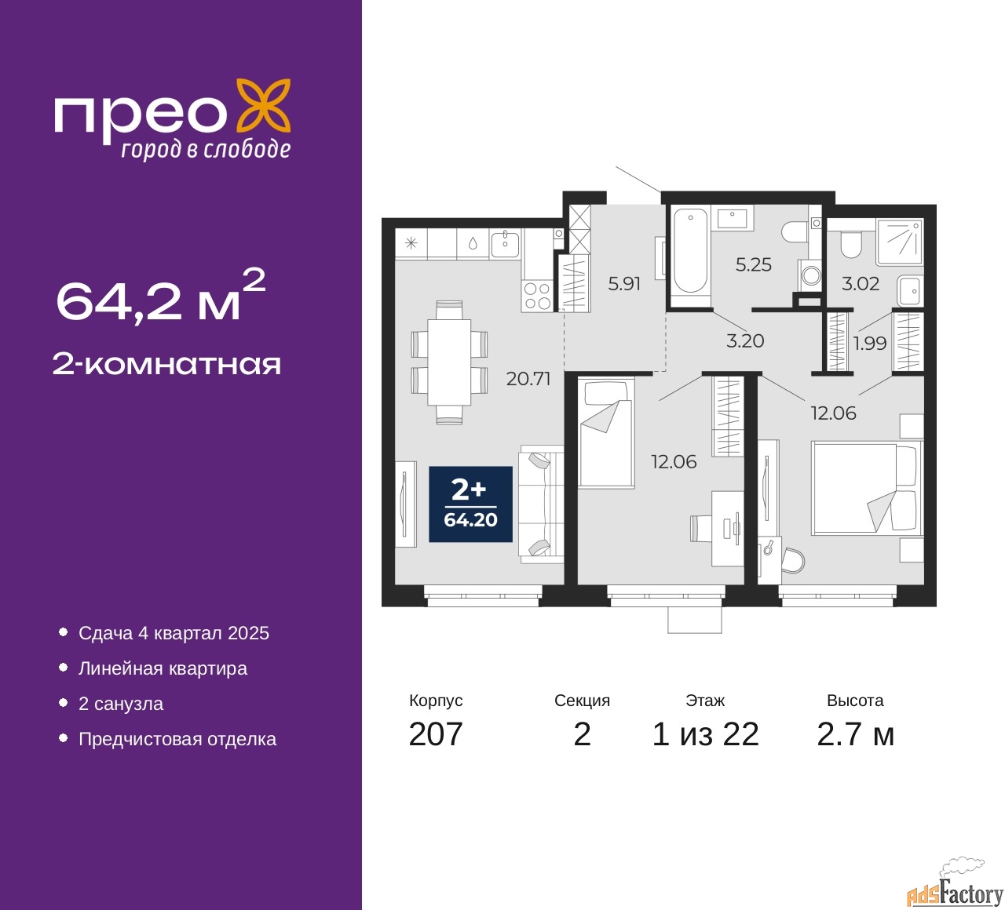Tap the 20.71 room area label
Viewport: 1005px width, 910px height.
coord(528,379)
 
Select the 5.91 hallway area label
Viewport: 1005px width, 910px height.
coord(623,284)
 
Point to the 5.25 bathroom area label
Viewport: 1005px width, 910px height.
coord(753,264)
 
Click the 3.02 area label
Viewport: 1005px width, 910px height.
coord(861,284)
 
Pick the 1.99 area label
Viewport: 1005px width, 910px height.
coord(870,344)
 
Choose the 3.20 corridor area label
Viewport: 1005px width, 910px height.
coord(745,341)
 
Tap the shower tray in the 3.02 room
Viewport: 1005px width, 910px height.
coord(899,242)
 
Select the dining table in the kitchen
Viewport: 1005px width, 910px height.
coord(449,362)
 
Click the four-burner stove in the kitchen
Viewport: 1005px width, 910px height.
coord(536,296)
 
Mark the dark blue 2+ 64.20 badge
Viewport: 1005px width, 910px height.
coord(470,504)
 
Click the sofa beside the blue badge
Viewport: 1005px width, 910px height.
coord(541,504)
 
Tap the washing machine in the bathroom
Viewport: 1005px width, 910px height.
coord(810,275)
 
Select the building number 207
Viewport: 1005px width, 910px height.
coord(435,734)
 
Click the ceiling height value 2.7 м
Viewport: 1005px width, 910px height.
coord(855,734)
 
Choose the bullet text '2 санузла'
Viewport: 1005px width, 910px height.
coord(121,704)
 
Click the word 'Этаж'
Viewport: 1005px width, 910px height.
coord(705,701)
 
